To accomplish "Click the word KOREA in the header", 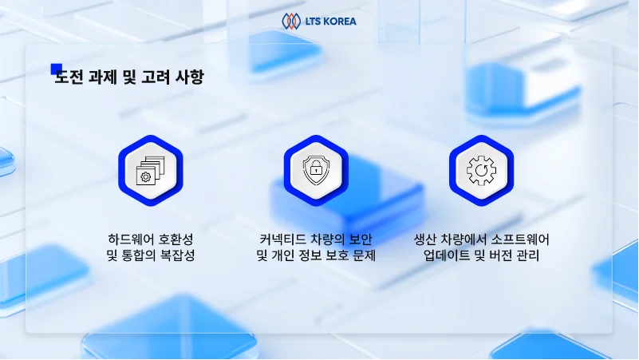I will (340, 22).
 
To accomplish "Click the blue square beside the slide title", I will (56, 69).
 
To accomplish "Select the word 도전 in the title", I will (67, 77).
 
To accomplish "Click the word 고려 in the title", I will (155, 77).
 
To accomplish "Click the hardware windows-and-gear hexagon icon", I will (151, 170).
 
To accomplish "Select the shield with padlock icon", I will (317, 170).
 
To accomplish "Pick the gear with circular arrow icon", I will (482, 170).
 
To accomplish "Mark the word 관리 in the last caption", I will (527, 256).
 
